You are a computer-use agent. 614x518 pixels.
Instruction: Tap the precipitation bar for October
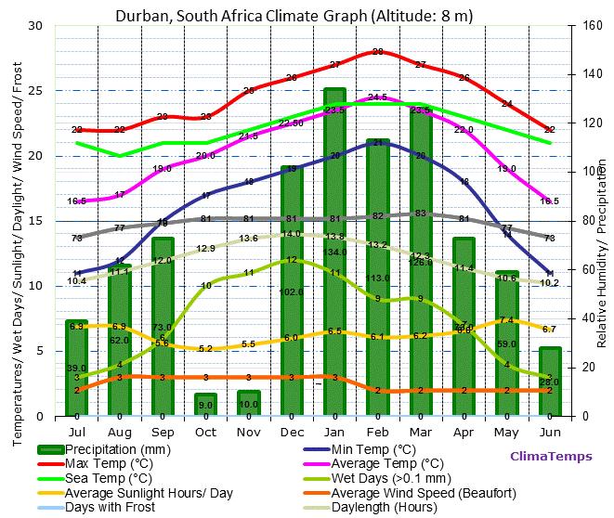[205, 405]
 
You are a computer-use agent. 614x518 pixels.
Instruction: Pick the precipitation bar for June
[550, 382]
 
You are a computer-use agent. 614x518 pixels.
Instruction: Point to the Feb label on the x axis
[377, 432]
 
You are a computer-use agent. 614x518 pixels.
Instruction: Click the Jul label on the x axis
[77, 432]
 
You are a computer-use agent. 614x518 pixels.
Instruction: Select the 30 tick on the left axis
[35, 26]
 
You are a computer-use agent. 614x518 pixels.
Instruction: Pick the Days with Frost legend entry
[111, 508]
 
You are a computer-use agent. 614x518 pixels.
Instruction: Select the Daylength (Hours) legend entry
[385, 508]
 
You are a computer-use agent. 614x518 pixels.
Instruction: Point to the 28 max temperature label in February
[377, 52]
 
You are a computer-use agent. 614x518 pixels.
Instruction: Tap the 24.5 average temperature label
[377, 97]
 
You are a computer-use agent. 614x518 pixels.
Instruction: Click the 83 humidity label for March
[420, 214]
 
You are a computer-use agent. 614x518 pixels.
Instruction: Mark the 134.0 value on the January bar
[334, 252]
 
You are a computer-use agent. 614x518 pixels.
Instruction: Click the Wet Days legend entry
[383, 478]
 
